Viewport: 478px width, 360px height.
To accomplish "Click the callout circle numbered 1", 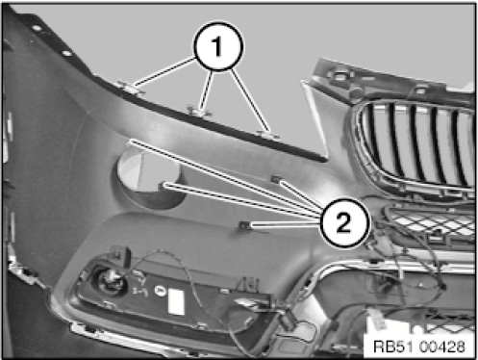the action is tap(218, 47).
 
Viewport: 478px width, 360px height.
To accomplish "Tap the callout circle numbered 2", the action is tap(344, 222).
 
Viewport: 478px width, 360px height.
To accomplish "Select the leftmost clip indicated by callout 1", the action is tap(131, 88).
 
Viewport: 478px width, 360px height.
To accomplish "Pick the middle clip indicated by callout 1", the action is tap(199, 112).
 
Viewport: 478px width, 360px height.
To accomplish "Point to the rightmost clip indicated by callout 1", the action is tap(268, 134).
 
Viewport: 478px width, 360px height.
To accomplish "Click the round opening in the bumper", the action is tap(148, 178).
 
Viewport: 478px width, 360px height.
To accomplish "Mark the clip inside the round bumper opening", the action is tap(162, 185).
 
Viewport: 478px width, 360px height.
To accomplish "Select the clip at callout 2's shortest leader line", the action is tap(276, 179).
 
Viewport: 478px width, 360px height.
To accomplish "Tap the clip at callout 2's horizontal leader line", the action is tap(244, 225).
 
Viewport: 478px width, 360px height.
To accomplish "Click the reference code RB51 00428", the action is tap(419, 347).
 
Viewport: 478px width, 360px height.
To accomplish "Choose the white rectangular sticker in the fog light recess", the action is tap(176, 301).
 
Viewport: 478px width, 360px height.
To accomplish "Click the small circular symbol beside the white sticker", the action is tap(160, 291).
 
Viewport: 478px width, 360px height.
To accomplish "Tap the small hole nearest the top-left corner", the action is tap(37, 28).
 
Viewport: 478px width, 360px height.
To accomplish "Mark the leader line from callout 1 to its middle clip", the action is tap(206, 90).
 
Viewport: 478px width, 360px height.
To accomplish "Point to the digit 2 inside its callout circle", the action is tap(343, 222).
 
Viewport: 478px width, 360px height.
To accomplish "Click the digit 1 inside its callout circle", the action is tap(217, 46).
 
